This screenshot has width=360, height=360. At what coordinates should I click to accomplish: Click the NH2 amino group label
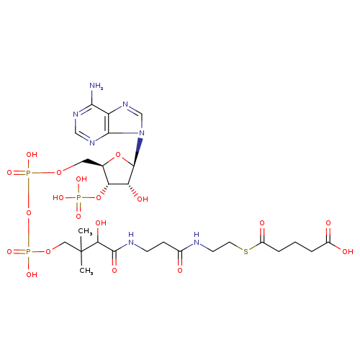[96, 86]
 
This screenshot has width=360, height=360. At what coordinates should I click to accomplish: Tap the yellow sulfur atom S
[246, 252]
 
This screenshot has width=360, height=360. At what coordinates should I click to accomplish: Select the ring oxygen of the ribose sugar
[118, 155]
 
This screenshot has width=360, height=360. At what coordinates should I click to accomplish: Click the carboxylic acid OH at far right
[348, 251]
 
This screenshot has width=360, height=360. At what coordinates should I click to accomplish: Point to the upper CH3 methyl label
[86, 231]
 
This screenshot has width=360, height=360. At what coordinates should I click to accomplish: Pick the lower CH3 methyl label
[86, 271]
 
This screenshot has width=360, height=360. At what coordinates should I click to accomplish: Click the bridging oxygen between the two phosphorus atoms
[29, 212]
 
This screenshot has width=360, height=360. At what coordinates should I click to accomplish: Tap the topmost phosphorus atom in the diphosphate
[28, 173]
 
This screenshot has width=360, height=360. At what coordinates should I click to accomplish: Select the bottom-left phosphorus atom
[28, 252]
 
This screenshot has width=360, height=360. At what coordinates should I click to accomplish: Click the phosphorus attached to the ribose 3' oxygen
[78, 198]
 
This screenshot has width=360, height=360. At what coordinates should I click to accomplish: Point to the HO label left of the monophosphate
[58, 198]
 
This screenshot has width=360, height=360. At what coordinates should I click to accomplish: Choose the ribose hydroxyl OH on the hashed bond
[143, 199]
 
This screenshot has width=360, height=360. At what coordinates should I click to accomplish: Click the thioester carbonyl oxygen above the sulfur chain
[262, 223]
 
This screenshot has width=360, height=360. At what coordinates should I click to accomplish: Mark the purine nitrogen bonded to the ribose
[142, 133]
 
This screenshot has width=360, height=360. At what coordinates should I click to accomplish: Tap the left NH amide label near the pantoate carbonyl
[131, 239]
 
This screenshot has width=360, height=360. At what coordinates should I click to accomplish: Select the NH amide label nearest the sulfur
[197, 239]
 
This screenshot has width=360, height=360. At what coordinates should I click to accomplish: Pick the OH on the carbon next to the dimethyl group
[101, 223]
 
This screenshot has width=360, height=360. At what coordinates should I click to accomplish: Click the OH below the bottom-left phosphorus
[32, 274]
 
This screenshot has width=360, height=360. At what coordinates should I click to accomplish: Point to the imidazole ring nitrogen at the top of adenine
[125, 104]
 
